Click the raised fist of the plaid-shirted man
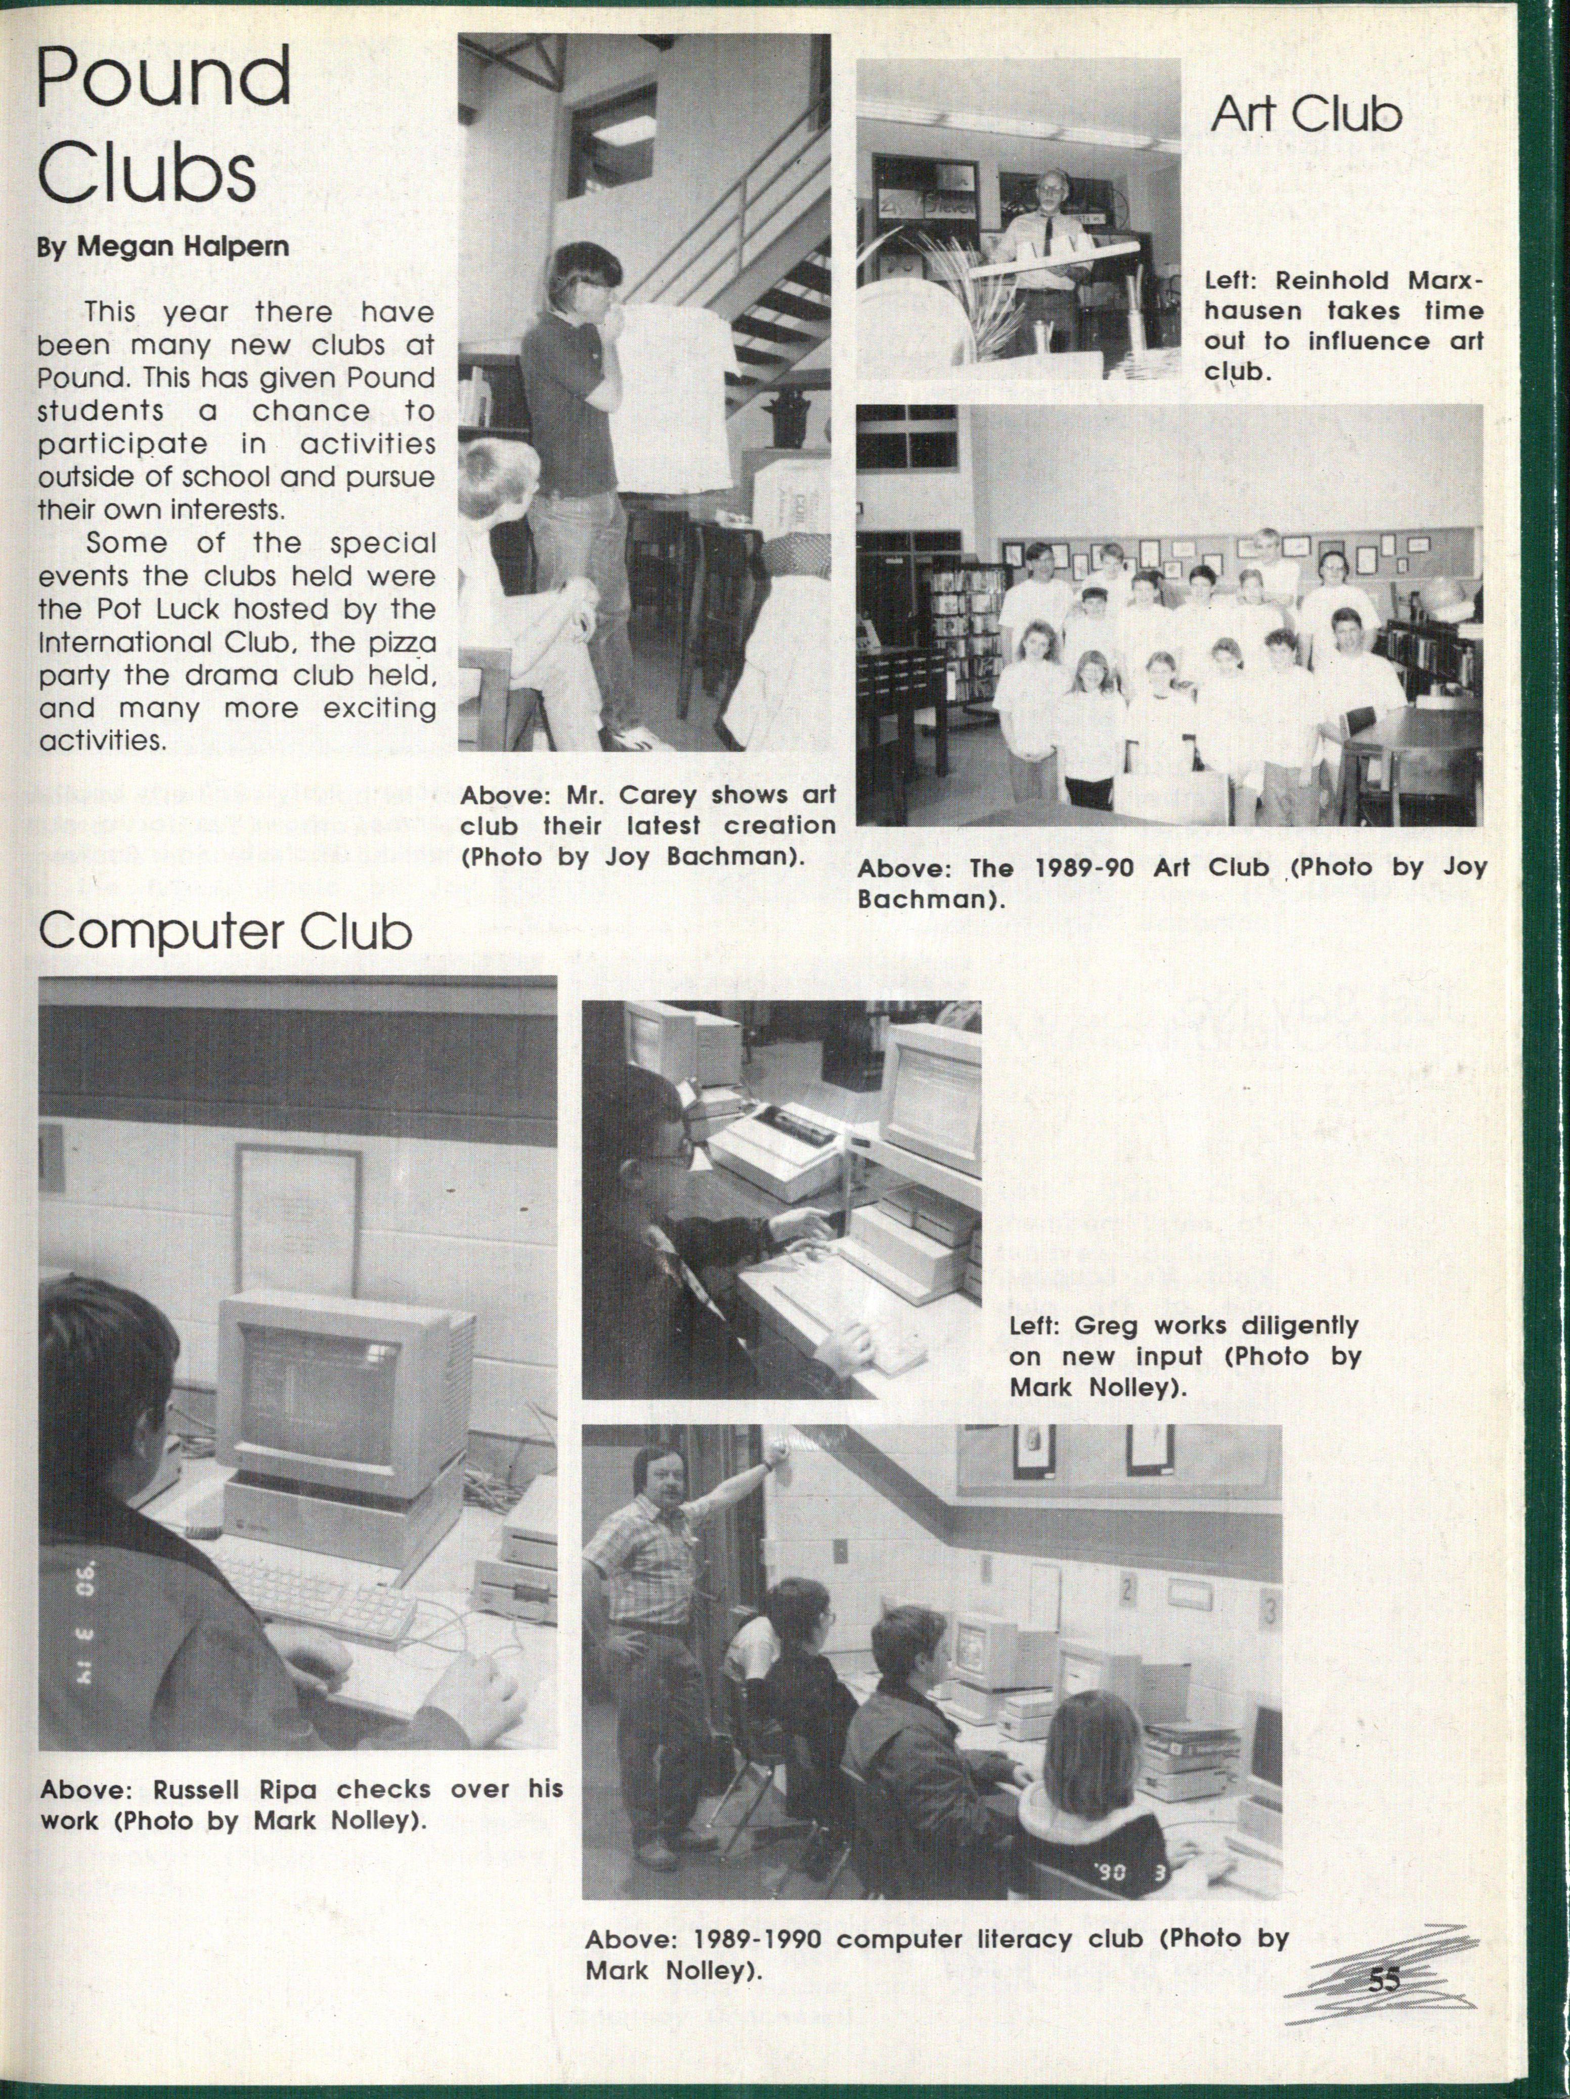pos(780,1454)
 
